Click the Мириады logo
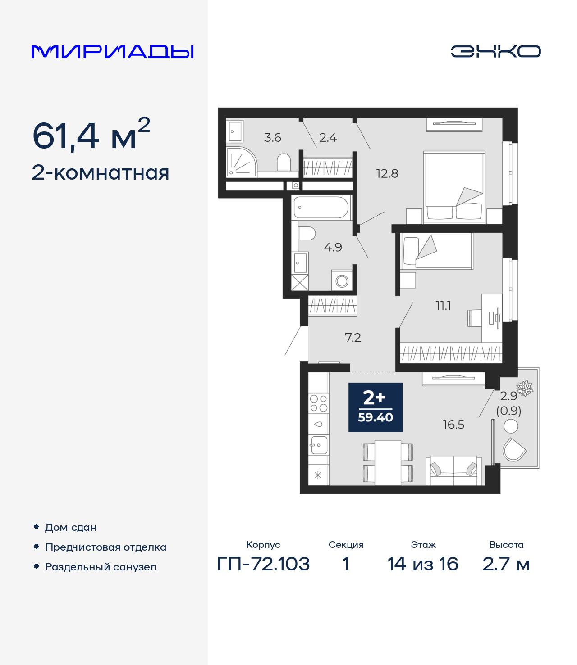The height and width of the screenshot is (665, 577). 112,51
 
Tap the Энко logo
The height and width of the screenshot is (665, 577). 495,51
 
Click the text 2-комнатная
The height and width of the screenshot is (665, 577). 101,173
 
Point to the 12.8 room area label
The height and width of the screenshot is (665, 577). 387,174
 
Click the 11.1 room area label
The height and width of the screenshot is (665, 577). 443,306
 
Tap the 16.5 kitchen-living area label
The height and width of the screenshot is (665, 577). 453,425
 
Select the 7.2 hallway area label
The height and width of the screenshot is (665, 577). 353,338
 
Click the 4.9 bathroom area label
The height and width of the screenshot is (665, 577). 333,247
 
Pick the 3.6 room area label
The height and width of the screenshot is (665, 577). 273,138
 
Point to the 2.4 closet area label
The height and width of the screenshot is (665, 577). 328,138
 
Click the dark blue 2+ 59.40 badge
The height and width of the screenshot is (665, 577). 376,407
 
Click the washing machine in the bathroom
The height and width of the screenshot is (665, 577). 342,281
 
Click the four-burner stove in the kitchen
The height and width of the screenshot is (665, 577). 318,403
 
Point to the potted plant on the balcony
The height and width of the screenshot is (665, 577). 525,388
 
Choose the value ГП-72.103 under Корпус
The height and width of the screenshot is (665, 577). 263,564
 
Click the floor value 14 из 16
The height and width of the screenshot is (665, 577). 423,564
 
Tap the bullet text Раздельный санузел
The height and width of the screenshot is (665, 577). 101,567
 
